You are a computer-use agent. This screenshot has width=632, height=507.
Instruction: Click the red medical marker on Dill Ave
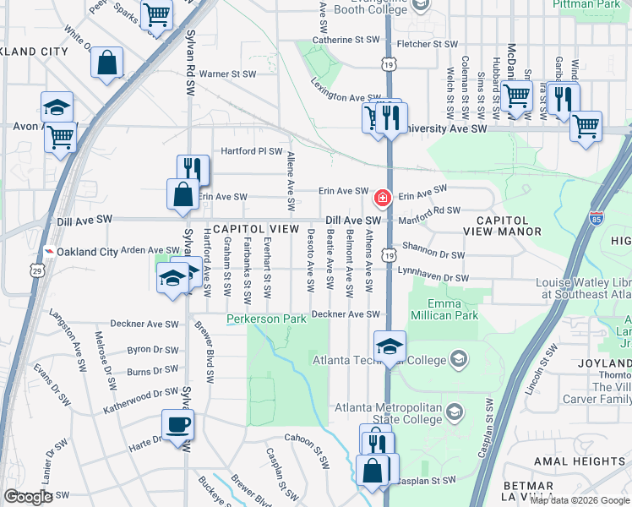tap(382, 199)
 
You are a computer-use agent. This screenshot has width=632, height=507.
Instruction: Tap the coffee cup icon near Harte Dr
tap(177, 425)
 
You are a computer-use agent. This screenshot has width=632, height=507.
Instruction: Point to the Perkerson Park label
tap(265, 319)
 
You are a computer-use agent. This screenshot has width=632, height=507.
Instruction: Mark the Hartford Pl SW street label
tap(251, 151)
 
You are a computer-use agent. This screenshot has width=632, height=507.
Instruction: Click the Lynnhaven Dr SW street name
tap(433, 278)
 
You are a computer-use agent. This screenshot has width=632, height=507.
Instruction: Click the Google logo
tap(28, 497)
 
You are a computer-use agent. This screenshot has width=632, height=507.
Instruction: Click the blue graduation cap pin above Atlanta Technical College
tap(390, 346)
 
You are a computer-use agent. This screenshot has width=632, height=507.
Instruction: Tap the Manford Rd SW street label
tap(429, 210)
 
